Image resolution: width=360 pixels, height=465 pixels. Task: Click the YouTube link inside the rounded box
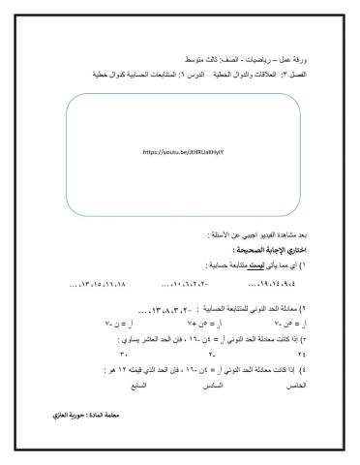179,152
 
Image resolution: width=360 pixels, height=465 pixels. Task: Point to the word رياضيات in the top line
245,59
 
